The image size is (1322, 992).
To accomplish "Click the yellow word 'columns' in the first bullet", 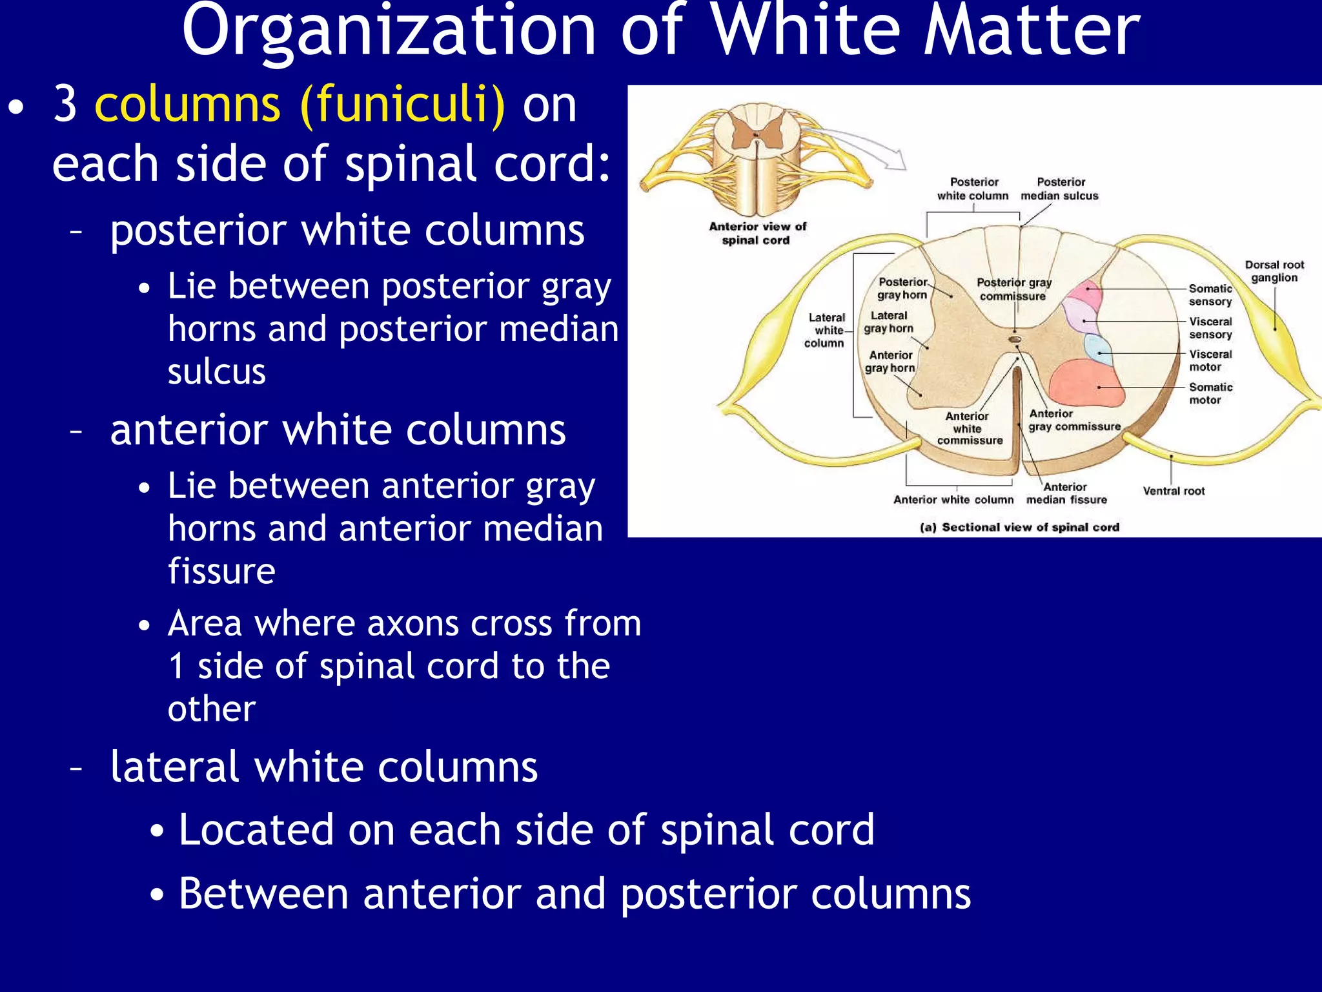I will tap(187, 105).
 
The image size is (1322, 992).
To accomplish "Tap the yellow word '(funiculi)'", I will tap(403, 105).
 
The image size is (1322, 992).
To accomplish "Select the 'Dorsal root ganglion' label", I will tap(1274, 271).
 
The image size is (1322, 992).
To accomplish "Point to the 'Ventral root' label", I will tap(1174, 491).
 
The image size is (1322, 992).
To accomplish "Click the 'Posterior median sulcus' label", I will tap(1059, 189).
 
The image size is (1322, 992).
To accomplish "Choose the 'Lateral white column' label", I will tap(825, 330).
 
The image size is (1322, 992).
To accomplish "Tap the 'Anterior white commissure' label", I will tap(969, 428).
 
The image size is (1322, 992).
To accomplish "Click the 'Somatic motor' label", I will tap(1210, 393).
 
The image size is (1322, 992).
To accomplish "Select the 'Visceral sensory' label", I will tap(1210, 327).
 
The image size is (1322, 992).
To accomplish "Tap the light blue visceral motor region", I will tap(1098, 349).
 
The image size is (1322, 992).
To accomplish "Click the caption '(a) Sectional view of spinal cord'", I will tap(1019, 527).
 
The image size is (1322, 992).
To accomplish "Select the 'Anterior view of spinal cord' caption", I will tap(757, 233).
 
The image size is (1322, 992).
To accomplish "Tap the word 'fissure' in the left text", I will tap(221, 571).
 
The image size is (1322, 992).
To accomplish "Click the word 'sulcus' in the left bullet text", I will tap(217, 371).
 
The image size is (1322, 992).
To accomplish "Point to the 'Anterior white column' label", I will tap(953, 499).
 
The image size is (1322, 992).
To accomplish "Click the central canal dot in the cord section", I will tap(1015, 339).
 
